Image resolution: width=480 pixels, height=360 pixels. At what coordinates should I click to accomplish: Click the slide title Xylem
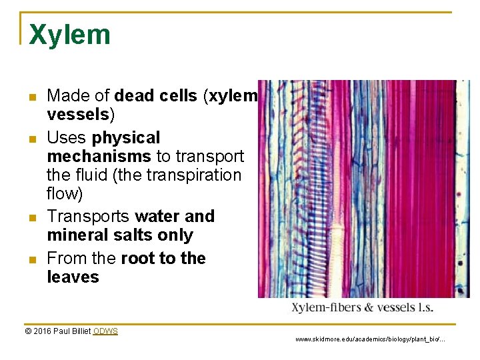coord(69,35)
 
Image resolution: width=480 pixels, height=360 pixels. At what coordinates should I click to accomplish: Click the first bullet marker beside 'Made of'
coord(32,97)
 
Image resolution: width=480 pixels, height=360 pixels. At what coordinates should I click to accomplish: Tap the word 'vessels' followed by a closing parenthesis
coord(78,115)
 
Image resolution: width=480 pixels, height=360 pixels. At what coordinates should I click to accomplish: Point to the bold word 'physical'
coord(126,138)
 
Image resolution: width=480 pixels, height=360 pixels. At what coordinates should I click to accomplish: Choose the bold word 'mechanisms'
coord(99,157)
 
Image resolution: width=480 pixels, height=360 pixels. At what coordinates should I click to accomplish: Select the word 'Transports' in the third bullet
coord(88,217)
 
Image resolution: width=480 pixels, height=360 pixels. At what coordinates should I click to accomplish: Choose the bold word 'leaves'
coord(73,277)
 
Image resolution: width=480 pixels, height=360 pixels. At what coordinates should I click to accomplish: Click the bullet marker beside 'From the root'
coord(32,260)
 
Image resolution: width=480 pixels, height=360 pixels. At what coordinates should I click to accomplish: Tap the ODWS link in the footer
coord(105,331)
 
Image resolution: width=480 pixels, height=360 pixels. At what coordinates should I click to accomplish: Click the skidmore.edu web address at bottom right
coord(370,339)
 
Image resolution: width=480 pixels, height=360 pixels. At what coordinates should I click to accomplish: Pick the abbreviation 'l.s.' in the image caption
coord(423,308)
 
